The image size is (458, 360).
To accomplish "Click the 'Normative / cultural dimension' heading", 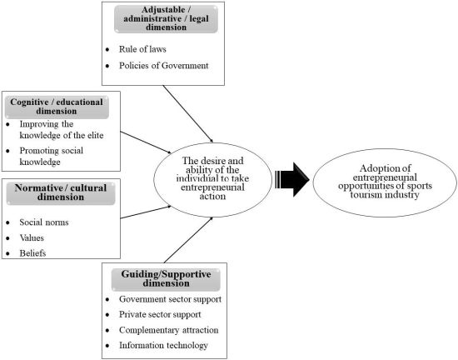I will pos(60,195).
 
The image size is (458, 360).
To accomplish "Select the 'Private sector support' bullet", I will pos(161,315).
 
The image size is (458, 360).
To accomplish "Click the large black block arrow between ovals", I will pos(292,177).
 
